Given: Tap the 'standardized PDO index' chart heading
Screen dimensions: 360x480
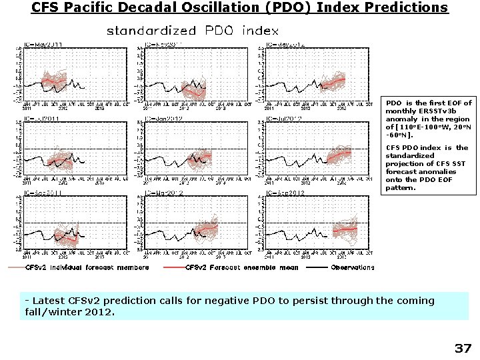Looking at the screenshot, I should (x=193, y=31).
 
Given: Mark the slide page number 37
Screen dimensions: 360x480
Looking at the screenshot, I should (x=463, y=348).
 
